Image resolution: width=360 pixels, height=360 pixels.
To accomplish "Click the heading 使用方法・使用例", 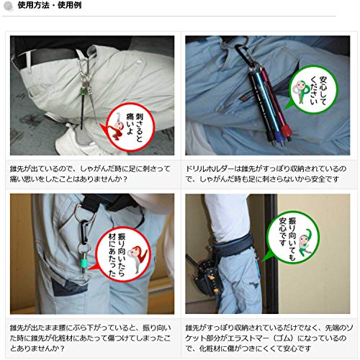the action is click(x=50, y=5).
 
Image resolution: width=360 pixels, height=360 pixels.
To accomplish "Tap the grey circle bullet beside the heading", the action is click(x=9, y=6).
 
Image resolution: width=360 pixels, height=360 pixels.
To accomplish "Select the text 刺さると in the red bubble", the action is click(x=139, y=127).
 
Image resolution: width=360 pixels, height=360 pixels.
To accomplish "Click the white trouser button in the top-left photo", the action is click(x=139, y=62).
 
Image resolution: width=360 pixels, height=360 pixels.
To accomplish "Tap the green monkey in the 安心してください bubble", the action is click(x=301, y=92).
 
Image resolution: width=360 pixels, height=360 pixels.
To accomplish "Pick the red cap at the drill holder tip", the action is click(x=286, y=131).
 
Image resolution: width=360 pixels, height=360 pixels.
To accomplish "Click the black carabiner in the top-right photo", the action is click(x=243, y=55).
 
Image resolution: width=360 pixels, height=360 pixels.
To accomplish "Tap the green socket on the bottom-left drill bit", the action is click(x=84, y=264).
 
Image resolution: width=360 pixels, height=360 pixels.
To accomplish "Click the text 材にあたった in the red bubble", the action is click(x=112, y=255).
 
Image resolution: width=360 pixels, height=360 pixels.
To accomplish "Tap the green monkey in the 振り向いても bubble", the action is click(x=305, y=243).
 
